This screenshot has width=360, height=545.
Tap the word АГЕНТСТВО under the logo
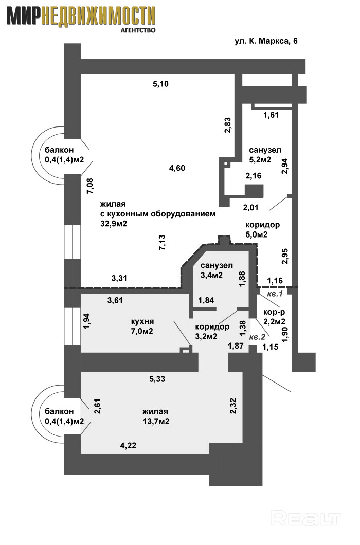(x=138, y=30)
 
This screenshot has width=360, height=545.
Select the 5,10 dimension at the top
(x=160, y=84)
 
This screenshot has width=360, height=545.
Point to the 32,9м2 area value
(x=114, y=223)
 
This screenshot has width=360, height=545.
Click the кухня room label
(x=143, y=321)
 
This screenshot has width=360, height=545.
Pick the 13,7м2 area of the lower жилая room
(x=156, y=421)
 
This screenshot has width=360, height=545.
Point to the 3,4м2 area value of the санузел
(x=211, y=275)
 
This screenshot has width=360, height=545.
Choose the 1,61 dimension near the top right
(x=271, y=115)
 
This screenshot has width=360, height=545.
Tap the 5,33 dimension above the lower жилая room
(x=158, y=379)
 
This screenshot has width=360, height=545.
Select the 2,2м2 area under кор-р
(x=274, y=322)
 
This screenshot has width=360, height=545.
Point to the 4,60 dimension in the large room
(x=176, y=168)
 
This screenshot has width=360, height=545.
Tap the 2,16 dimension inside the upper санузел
(x=254, y=176)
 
